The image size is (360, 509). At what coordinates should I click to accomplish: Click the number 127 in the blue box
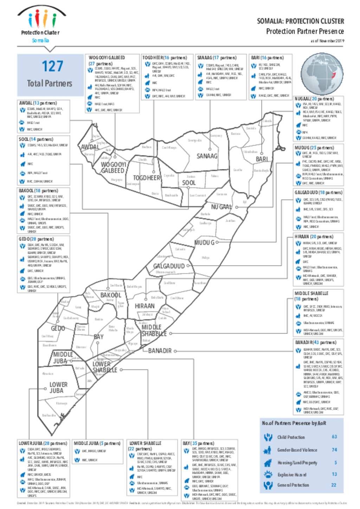click(52, 66)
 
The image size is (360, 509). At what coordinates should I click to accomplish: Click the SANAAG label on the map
click(207, 156)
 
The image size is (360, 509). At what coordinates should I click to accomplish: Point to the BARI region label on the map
click(262, 159)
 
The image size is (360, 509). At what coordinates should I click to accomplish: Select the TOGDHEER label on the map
click(146, 178)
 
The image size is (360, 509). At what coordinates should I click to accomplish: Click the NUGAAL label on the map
click(221, 207)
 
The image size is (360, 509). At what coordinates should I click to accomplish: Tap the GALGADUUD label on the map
click(169, 266)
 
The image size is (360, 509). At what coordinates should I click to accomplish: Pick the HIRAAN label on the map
click(144, 306)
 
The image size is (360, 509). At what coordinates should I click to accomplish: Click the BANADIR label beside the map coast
click(160, 351)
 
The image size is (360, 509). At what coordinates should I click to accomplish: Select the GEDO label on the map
click(58, 328)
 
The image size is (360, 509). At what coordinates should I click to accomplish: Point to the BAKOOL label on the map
click(110, 295)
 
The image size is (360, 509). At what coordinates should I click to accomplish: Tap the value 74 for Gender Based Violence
click(334, 450)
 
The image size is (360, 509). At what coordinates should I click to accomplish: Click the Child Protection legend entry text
click(291, 437)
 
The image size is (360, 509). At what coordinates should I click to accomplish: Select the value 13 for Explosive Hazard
click(334, 474)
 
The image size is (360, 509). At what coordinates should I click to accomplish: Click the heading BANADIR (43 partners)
click(315, 342)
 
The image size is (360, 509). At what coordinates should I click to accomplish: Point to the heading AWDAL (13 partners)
click(38, 103)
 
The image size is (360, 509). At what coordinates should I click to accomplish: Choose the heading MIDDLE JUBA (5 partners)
click(97, 443)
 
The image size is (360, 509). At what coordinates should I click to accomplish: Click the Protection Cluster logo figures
click(42, 18)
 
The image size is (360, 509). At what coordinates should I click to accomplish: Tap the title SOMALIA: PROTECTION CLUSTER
click(300, 21)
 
